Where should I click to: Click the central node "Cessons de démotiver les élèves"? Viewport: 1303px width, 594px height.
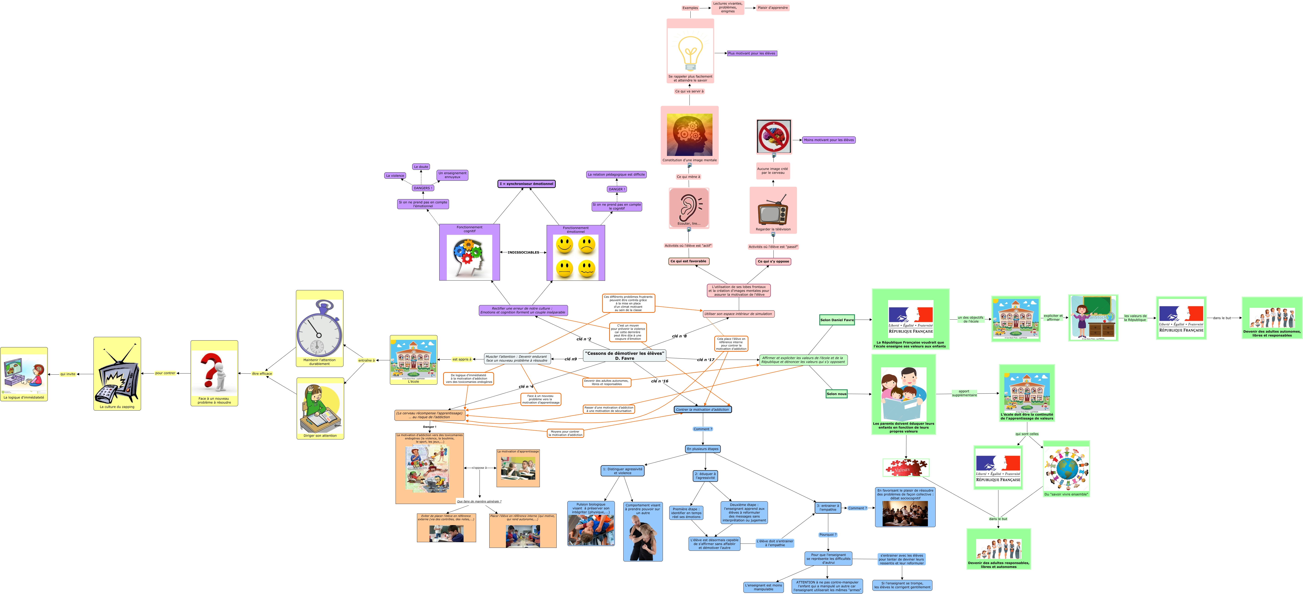click(x=624, y=355)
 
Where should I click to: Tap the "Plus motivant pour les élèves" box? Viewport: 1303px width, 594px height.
click(x=752, y=53)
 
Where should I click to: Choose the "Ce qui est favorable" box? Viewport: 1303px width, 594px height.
click(x=688, y=261)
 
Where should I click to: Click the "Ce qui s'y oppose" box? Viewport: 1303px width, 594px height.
click(x=773, y=261)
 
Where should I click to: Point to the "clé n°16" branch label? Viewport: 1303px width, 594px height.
click(x=660, y=381)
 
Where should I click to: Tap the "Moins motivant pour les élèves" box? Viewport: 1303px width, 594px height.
click(x=828, y=140)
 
